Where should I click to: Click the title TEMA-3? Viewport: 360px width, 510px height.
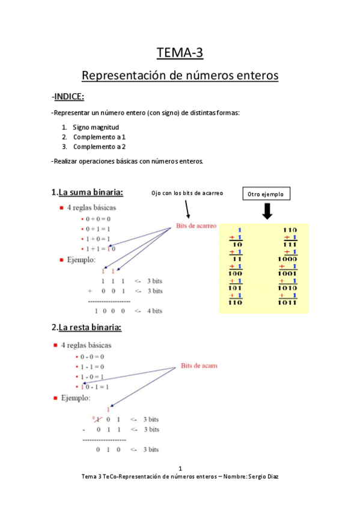pyautogui.click(x=180, y=53)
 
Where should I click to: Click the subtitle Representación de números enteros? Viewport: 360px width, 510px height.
pyautogui.click(x=180, y=76)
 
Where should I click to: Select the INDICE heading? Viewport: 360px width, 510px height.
pyautogui.click(x=69, y=97)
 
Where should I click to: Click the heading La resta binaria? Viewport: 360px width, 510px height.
pyautogui.click(x=90, y=328)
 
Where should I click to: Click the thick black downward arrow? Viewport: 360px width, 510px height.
pyautogui.click(x=267, y=211)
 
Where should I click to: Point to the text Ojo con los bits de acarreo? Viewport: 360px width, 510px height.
pyautogui.click(x=188, y=193)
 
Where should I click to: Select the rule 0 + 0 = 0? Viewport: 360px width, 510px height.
pyautogui.click(x=99, y=219)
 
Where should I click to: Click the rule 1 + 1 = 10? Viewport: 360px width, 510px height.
pyautogui.click(x=100, y=249)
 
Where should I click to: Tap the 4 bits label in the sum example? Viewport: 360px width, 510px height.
pyautogui.click(x=154, y=311)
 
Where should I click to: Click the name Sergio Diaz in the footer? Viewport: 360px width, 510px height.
pyautogui.click(x=264, y=476)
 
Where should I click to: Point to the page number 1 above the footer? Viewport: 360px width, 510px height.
pyautogui.click(x=180, y=468)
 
